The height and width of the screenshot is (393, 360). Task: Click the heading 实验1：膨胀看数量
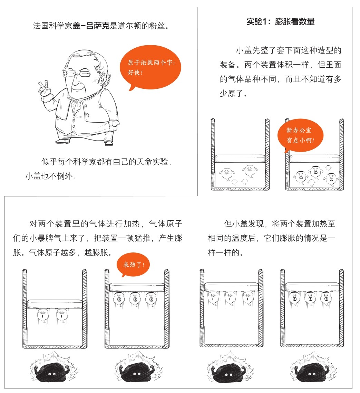point(280,21)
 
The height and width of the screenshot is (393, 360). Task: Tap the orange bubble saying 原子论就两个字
point(150,67)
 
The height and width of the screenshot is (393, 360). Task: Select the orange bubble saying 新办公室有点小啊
point(300,135)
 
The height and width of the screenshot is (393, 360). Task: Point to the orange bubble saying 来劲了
point(133,265)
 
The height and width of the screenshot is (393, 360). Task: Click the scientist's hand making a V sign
point(44,88)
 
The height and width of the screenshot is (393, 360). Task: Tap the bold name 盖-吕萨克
point(91,26)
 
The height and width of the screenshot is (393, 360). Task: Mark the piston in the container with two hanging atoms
point(55,304)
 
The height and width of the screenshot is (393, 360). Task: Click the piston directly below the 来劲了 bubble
point(137,287)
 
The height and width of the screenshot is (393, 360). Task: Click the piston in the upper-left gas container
point(240,159)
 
